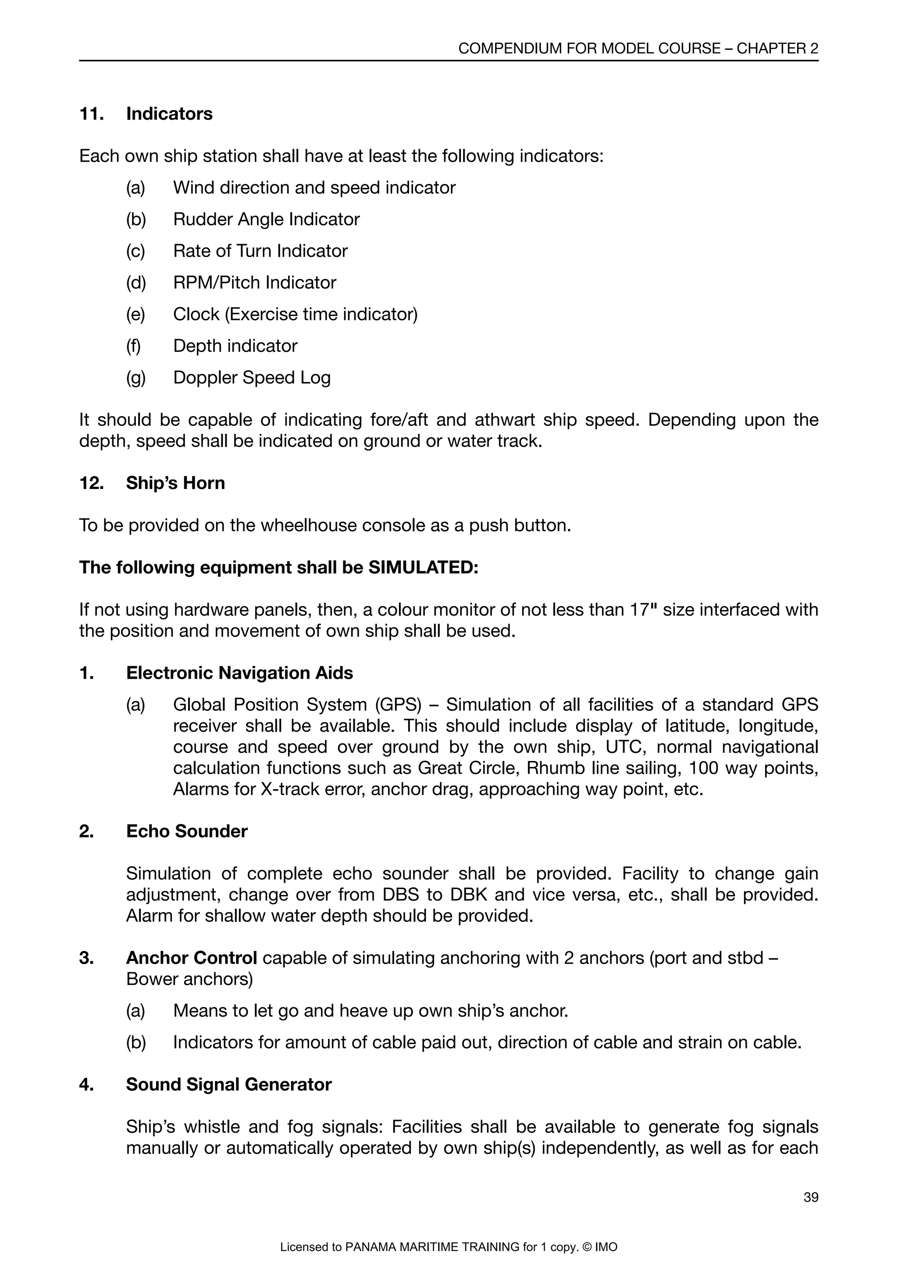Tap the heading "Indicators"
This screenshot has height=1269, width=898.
[x=169, y=114]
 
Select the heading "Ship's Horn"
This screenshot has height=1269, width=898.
[x=175, y=483]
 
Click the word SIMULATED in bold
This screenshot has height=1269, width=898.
[x=422, y=567]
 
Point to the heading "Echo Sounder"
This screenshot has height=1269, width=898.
[x=187, y=831]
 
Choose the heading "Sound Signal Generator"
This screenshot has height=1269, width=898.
[x=228, y=1085]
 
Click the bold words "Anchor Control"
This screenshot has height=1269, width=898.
[x=191, y=958]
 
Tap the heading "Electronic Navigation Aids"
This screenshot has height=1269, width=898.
[x=239, y=673]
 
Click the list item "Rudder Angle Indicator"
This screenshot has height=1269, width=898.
[x=266, y=220]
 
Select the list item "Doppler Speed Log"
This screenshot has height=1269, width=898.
[x=252, y=377]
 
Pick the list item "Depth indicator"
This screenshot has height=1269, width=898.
[x=235, y=346]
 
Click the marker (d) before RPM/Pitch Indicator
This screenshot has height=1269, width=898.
[x=135, y=283]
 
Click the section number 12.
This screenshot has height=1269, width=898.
[x=91, y=483]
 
